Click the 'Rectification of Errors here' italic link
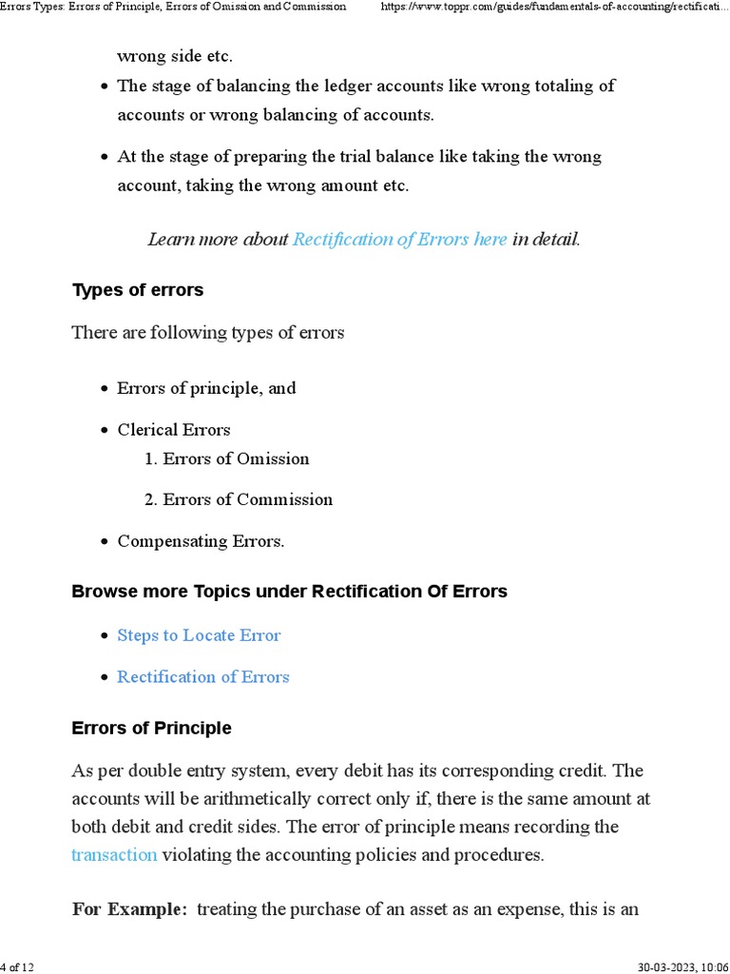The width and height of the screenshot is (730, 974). [x=399, y=240]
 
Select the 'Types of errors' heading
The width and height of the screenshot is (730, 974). [x=138, y=290]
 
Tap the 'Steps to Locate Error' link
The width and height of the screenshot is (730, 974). [x=199, y=635]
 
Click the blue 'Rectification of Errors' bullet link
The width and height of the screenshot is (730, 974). [x=202, y=677]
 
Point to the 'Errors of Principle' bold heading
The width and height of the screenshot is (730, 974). [x=151, y=728]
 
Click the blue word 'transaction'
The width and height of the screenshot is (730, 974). [x=114, y=854]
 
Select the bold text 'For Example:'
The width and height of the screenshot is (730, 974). [x=130, y=909]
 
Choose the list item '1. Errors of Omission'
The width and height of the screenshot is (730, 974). [x=226, y=458]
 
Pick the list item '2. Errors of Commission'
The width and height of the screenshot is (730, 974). [x=238, y=499]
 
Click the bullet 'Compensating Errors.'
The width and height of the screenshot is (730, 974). [x=201, y=541]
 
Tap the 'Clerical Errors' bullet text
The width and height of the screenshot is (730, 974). [x=173, y=430]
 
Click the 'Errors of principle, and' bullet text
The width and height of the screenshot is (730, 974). [x=206, y=388]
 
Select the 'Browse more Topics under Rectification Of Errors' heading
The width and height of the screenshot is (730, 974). [x=289, y=592]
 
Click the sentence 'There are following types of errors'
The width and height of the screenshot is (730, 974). [x=208, y=333]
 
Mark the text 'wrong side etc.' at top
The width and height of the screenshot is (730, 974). [x=174, y=56]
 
